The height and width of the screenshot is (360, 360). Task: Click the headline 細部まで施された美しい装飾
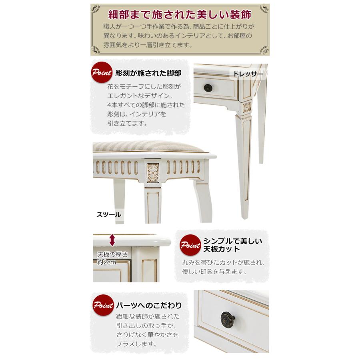tap(180, 15)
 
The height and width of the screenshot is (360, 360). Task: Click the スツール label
tap(108, 214)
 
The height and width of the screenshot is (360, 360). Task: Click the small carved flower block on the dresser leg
tap(247, 106)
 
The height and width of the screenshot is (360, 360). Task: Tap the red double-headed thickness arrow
tap(112, 240)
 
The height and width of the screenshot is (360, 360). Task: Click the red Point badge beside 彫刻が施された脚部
tap(102, 73)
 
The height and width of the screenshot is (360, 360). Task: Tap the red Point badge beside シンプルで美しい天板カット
tap(189, 245)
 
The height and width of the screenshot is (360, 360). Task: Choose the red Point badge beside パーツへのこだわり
tap(102, 306)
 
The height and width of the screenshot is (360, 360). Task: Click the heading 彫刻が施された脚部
tap(148, 74)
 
